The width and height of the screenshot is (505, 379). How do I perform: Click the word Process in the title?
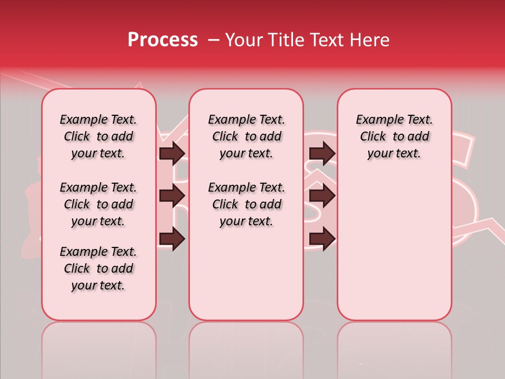click(163, 40)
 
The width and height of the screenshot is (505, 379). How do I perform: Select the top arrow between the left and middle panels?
click(173, 153)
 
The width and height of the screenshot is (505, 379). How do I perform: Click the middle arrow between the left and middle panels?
click(173, 196)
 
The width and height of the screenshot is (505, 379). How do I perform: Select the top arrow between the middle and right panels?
click(322, 153)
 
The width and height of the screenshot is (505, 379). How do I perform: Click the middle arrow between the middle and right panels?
click(322, 196)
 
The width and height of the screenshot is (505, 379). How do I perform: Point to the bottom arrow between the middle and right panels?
click(322, 238)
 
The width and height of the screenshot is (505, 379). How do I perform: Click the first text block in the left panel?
click(98, 136)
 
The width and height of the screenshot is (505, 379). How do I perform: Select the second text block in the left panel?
click(98, 204)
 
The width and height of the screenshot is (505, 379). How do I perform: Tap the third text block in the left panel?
click(98, 268)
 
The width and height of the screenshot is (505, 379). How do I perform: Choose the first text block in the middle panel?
click(246, 136)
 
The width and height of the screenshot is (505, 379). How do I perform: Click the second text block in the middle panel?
click(246, 204)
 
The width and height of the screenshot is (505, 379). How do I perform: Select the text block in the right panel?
click(394, 136)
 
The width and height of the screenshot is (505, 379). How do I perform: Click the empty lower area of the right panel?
click(394, 247)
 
